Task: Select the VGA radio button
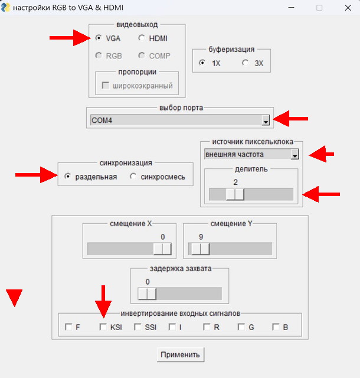coord(99,38)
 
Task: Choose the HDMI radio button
coord(141,38)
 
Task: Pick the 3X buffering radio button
coord(245,63)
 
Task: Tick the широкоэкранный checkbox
coord(105,85)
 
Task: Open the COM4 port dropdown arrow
coord(266,120)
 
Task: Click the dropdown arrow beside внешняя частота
coord(294,154)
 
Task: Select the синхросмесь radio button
coord(133,176)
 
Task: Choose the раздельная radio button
coord(68,176)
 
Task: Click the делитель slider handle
coord(235,194)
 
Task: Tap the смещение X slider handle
coord(162,249)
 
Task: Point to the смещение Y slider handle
coord(201,249)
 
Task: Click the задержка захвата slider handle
coord(147,294)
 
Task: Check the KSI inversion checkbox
coord(103,327)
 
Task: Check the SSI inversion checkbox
coord(138,327)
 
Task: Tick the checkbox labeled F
coord(68,327)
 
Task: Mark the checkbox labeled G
coord(241,327)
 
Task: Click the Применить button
coord(181,354)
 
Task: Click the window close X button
coord(348,8)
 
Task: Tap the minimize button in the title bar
coord(292,8)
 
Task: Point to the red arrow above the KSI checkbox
coord(103,301)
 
